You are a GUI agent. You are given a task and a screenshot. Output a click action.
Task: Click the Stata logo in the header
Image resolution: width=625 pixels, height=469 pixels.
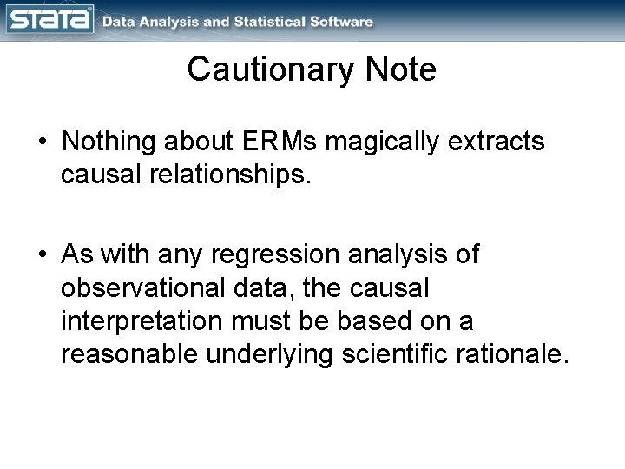click(49, 18)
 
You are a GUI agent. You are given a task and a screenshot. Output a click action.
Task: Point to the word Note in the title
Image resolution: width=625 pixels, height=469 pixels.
click(400, 69)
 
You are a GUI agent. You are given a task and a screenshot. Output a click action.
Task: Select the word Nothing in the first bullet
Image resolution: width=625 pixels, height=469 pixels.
click(110, 142)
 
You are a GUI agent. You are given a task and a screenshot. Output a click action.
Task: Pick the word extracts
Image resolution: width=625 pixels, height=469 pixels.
click(504, 142)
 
